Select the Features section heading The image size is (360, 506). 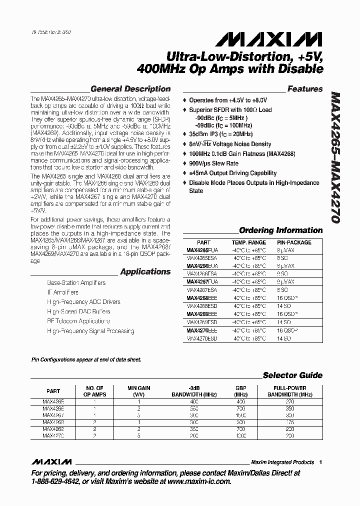[x=305, y=89]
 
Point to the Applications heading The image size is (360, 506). [x=145, y=272]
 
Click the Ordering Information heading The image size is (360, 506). [x=280, y=230]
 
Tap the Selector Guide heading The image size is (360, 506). [x=292, y=375]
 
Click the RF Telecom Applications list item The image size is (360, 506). [x=78, y=321]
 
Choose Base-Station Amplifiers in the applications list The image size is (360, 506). [x=76, y=283]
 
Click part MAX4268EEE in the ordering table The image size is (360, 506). [x=201, y=298]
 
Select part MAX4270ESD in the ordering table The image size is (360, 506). [x=201, y=338]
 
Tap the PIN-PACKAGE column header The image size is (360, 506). [x=293, y=242]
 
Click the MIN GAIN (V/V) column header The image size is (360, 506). [x=138, y=391]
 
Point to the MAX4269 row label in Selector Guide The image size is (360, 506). [x=53, y=429]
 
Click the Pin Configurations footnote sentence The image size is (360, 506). [x=86, y=360]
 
